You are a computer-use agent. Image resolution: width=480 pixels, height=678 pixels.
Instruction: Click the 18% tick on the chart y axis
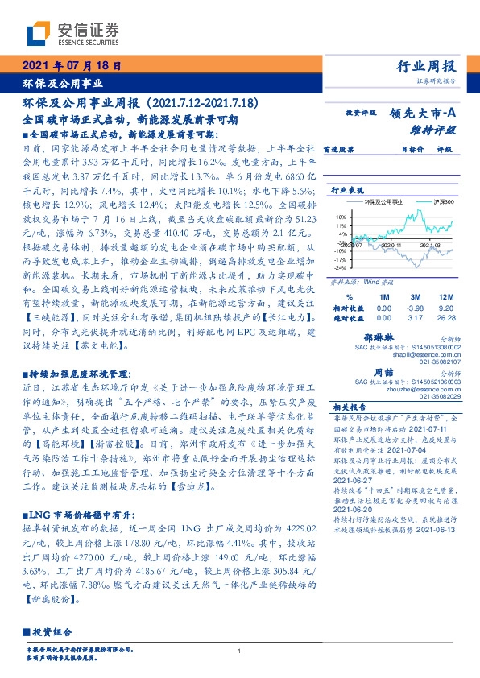[x=341, y=217]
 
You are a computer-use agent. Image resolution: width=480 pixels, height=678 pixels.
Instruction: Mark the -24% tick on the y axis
[x=341, y=268]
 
